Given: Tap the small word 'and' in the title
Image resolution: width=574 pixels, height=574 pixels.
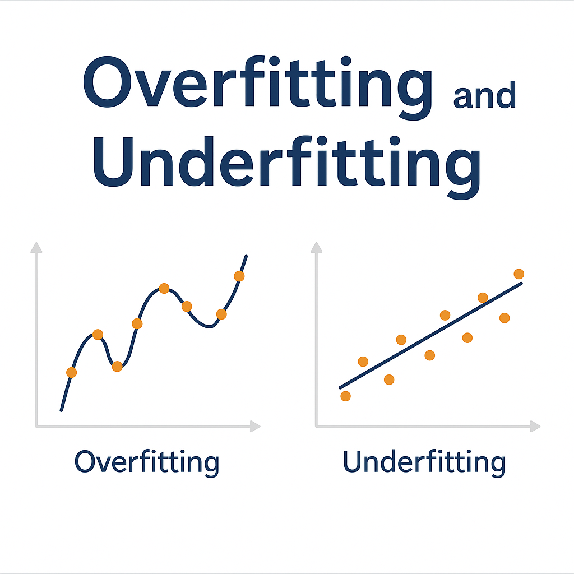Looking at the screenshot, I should tap(484, 96).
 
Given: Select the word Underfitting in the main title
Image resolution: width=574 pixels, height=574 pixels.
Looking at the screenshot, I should tap(286, 163).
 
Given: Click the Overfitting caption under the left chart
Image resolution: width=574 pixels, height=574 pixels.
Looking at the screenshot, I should tap(147, 463).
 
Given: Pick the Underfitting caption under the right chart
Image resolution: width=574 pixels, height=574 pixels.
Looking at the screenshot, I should tap(424, 463).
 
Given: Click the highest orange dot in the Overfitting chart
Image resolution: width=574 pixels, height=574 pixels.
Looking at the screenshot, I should tap(239, 276).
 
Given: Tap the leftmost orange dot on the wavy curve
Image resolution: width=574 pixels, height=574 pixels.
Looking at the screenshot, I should tap(71, 372).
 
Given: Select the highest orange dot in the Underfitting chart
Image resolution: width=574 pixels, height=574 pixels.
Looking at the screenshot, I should tap(519, 274).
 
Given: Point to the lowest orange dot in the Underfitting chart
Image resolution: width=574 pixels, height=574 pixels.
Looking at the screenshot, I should tap(345, 396).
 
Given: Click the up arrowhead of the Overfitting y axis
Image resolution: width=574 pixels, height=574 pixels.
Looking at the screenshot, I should tap(36, 247).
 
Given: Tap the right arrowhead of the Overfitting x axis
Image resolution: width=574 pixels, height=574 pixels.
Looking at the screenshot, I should tap(256, 427).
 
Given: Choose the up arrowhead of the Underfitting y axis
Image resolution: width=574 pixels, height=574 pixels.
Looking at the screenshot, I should tap(317, 247).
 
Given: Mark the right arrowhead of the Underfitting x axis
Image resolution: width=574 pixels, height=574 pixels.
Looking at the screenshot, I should tap(536, 427).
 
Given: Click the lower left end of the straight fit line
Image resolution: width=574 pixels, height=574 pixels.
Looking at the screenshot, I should tap(340, 387).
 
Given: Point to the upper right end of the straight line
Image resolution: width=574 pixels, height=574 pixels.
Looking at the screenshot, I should tap(521, 284).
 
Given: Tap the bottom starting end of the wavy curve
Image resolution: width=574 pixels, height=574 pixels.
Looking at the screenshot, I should tap(61, 410).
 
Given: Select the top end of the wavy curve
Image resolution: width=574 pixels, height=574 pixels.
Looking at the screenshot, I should tap(246, 256).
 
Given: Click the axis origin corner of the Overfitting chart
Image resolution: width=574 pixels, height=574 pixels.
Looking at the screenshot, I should tap(36, 427).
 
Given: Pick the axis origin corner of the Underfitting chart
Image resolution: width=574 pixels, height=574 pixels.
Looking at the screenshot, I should tap(317, 427).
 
